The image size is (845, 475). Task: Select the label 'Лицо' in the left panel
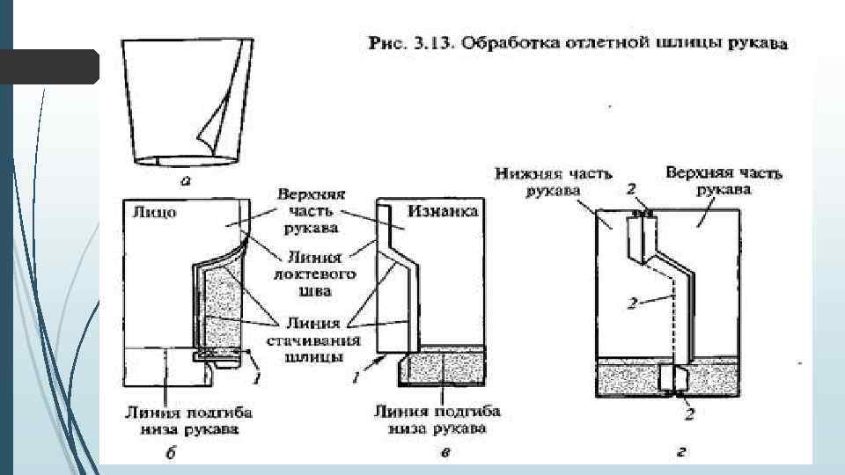pyautogui.click(x=154, y=213)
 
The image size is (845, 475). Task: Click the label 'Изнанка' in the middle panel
pyautogui.click(x=443, y=211)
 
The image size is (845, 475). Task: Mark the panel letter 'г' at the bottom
pyautogui.click(x=680, y=452)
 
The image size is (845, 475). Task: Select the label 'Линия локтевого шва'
pyautogui.click(x=315, y=274)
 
